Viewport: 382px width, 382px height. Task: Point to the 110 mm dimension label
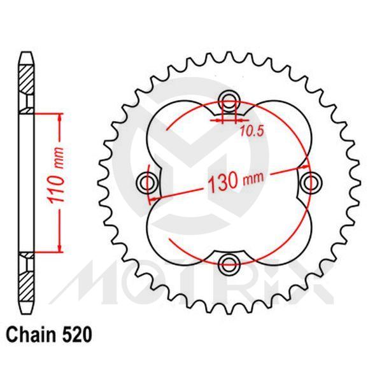[x=58, y=183]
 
